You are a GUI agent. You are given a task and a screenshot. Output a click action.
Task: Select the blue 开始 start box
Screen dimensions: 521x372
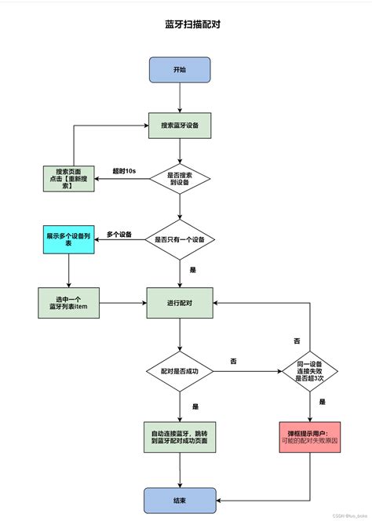tap(180, 70)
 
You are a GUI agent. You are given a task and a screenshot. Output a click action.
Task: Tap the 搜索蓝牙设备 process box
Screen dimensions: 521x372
tap(180, 125)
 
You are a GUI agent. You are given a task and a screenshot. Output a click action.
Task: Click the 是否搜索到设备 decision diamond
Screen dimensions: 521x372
tap(180, 179)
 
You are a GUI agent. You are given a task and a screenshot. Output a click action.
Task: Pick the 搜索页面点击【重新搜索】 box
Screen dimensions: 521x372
tap(69, 179)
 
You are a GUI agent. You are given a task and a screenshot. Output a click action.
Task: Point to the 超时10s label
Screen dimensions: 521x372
tap(124, 171)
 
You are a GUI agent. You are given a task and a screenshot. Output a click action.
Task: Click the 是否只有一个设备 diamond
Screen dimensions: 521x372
tap(180, 240)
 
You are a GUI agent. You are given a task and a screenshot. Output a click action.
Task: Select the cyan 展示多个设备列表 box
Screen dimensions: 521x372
tap(69, 239)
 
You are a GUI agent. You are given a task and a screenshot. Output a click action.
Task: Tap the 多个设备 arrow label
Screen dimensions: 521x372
tap(119, 234)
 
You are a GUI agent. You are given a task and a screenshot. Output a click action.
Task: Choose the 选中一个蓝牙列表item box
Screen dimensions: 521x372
tap(69, 303)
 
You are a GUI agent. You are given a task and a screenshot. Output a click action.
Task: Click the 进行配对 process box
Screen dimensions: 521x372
tap(180, 303)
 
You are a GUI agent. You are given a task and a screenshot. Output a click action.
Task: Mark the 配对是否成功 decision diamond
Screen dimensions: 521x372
tap(180, 369)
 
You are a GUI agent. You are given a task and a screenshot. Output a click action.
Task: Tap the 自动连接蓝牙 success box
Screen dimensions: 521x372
tap(180, 437)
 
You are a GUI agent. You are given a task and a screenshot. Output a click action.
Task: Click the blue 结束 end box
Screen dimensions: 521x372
tap(180, 500)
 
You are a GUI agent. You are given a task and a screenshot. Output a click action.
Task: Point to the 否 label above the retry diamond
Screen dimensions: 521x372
tap(296, 342)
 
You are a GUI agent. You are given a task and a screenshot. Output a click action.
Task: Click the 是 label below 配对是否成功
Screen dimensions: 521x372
tap(194, 406)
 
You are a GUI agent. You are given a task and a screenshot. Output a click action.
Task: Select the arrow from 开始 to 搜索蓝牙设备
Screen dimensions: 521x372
tap(180, 97)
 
